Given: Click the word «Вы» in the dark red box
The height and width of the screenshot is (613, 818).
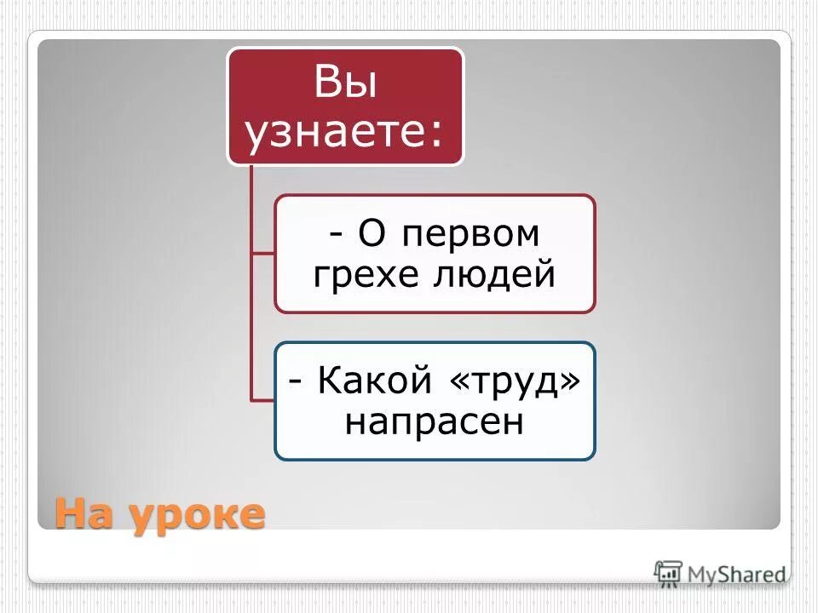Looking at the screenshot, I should point(345,84).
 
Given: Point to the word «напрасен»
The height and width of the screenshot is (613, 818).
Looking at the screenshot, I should point(434,421).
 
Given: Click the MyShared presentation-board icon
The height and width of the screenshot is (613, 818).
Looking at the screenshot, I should point(669,572).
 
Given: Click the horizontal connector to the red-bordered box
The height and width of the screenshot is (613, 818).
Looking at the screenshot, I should point(262,253).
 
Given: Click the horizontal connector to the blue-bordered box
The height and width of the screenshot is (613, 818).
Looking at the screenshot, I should point(262,400).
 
